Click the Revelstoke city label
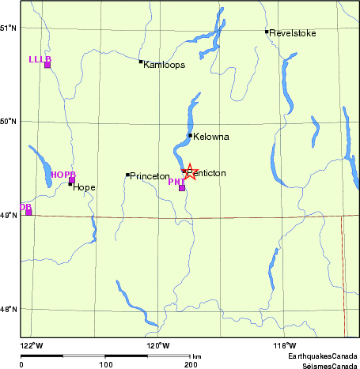(293, 33)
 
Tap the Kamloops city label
(165, 65)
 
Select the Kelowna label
(211, 137)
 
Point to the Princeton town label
(150, 175)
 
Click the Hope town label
(84, 187)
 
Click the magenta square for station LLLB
(47, 65)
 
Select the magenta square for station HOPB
(71, 180)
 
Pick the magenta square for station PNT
(182, 188)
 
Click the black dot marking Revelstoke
(267, 32)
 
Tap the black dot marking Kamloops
(141, 62)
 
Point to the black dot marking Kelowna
(191, 136)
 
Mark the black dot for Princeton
(127, 175)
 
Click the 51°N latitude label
(9, 28)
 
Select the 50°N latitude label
(9, 121)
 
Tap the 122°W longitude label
(30, 345)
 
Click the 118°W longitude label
(284, 345)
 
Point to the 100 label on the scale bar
(105, 364)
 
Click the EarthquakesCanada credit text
(323, 357)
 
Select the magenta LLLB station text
(39, 59)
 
